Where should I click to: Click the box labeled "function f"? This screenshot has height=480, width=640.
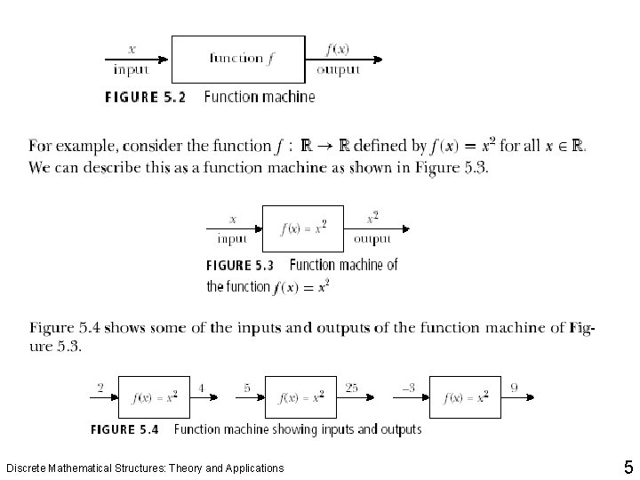(237, 60)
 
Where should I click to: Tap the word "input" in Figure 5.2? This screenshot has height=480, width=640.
(132, 69)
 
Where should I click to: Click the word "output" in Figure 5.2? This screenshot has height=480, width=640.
(339, 69)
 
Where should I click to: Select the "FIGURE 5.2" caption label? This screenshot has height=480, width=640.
(145, 97)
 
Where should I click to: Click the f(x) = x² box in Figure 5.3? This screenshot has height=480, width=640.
(303, 228)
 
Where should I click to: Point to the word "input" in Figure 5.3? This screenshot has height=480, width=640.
(233, 238)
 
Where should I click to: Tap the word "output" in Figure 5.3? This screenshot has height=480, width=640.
(372, 238)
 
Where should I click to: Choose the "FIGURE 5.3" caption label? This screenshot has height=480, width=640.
(240, 265)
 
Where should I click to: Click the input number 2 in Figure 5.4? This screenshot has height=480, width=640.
(100, 388)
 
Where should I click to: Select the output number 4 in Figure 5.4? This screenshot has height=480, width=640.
(202, 388)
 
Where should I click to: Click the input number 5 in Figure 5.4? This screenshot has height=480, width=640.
(247, 388)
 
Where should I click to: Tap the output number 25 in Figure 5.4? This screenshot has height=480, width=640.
(352, 388)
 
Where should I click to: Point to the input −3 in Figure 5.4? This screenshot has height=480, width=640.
(408, 388)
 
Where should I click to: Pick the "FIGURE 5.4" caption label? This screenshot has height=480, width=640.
(124, 429)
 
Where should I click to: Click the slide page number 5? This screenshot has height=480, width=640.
(628, 468)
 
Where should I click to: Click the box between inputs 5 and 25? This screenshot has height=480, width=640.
(302, 397)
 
